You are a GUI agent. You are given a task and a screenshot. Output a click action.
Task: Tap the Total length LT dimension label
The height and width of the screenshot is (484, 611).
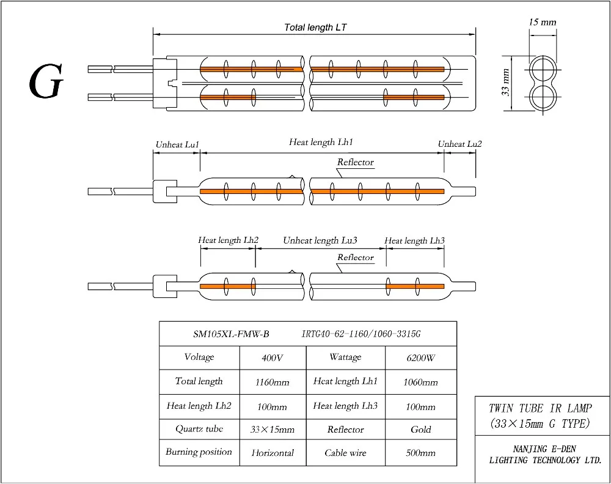point(316,28)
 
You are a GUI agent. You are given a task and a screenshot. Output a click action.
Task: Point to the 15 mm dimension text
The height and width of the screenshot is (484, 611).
point(543,23)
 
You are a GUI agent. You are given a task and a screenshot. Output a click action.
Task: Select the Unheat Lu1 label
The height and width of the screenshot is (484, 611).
point(177,144)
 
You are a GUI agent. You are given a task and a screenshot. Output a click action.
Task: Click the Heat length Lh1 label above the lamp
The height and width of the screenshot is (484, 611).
point(321,142)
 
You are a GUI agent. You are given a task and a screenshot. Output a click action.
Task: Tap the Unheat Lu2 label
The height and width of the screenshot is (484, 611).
point(459,144)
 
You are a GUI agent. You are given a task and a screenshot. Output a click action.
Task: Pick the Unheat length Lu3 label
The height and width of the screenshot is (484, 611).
point(320,241)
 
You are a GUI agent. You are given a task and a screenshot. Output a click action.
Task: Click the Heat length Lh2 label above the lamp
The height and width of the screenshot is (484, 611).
point(229,241)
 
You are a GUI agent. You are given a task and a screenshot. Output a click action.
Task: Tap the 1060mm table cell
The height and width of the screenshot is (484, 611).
point(420,382)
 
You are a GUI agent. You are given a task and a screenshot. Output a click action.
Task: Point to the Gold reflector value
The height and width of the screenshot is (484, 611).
point(420,430)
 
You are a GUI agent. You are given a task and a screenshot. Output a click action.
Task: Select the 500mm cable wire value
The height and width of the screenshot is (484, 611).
point(420,453)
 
